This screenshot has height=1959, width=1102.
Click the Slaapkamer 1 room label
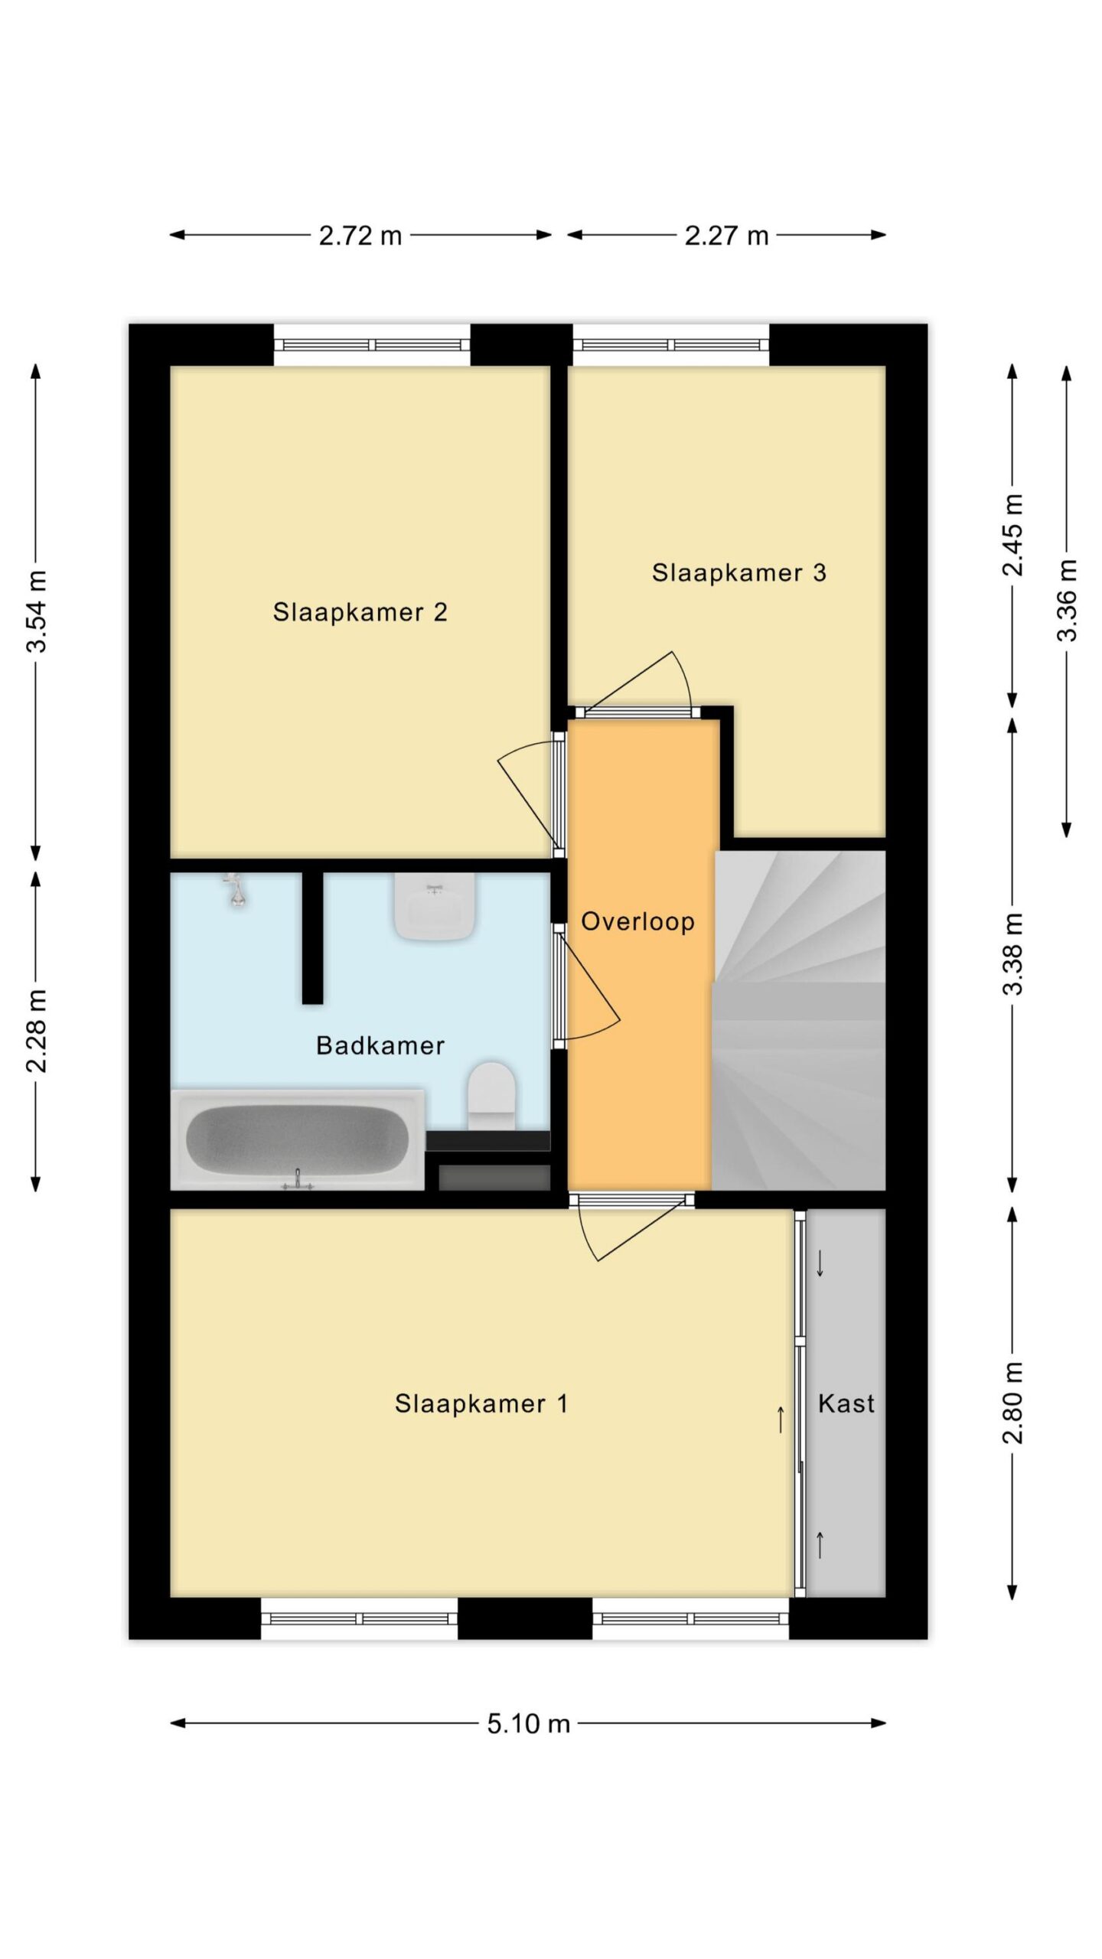click(x=481, y=1403)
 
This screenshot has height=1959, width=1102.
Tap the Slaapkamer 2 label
click(x=360, y=612)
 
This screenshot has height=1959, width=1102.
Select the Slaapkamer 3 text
click(x=738, y=572)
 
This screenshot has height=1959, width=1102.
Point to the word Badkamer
click(x=380, y=1045)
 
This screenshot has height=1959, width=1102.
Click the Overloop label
click(x=637, y=921)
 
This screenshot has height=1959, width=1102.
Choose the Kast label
click(x=846, y=1403)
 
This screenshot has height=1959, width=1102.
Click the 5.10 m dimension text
click(x=529, y=1723)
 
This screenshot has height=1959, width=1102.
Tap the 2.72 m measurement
click(x=360, y=236)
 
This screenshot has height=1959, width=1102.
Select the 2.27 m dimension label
click(x=726, y=236)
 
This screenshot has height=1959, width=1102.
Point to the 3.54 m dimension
click(x=37, y=611)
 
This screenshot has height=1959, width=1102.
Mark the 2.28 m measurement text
click(x=37, y=1031)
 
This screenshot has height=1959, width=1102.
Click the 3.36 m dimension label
click(x=1067, y=601)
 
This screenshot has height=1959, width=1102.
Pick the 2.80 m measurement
click(x=1012, y=1403)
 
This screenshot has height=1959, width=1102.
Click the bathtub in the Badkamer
click(x=298, y=1140)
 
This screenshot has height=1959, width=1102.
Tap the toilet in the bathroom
click(x=491, y=1096)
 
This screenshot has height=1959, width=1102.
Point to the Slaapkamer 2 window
click(x=372, y=345)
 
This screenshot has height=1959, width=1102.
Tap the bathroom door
click(x=586, y=987)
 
